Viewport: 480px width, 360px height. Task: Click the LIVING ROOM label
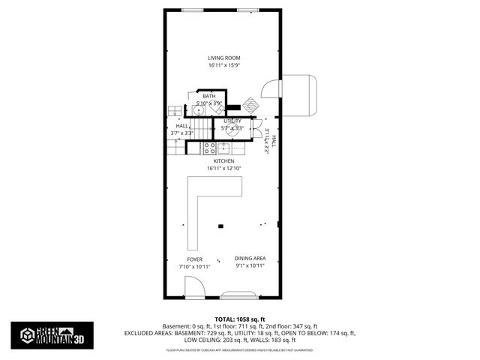223,58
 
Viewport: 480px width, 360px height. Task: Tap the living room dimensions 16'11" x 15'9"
223,65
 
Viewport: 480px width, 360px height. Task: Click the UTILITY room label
232,120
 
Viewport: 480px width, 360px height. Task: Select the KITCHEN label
223,161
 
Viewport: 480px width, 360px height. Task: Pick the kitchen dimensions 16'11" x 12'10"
223,168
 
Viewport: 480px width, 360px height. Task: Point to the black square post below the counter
220,225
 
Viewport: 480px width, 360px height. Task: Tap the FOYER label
194,259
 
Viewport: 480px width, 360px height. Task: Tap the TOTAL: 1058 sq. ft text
239,319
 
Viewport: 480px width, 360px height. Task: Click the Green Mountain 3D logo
52,334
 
